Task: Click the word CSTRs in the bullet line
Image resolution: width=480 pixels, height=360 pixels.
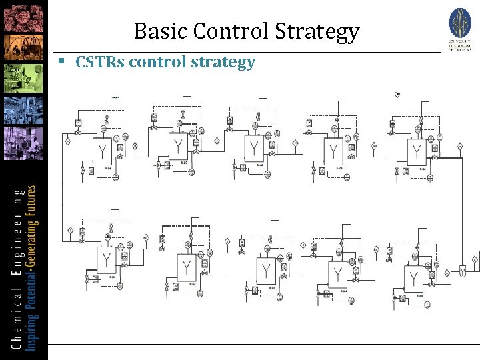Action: point(100,63)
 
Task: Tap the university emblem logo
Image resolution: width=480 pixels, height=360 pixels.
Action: point(460,23)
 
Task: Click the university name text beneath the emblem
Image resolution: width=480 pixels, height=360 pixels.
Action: point(460,45)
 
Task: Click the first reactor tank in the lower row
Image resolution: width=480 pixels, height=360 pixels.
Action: point(106,261)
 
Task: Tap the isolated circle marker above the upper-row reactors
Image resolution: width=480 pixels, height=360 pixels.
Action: point(397,95)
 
